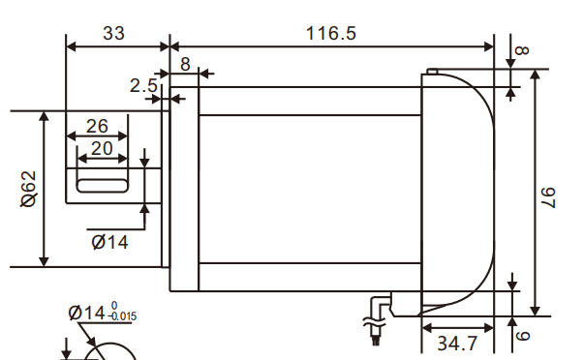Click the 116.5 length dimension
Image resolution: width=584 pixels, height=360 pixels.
pyautogui.click(x=331, y=33)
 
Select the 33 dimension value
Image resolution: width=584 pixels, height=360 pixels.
pyautogui.click(x=113, y=33)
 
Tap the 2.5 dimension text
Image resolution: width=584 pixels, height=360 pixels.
pyautogui.click(x=143, y=86)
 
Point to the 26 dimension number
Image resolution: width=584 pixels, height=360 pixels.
pyautogui.click(x=97, y=126)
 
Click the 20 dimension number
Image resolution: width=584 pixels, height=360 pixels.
pyautogui.click(x=102, y=149)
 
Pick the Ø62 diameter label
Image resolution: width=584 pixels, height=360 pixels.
pyautogui.click(x=28, y=188)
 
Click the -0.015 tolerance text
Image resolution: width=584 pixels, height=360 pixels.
pyautogui.click(x=123, y=317)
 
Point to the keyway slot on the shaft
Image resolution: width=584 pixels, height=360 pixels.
pyautogui.click(x=102, y=182)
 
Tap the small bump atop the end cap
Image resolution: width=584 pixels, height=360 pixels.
pyautogui.click(x=432, y=71)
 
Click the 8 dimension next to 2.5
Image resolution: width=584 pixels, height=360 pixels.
pyautogui.click(x=185, y=64)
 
